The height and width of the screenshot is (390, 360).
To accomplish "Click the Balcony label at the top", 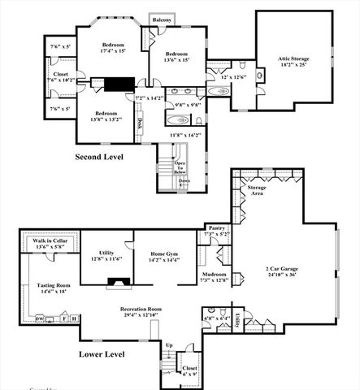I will pyautogui.click(x=162, y=19).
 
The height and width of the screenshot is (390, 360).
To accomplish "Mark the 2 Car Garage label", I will pyautogui.click(x=290, y=271).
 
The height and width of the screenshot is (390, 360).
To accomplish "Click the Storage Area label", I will pyautogui.click(x=257, y=191).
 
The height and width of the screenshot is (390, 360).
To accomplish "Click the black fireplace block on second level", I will pyautogui.click(x=113, y=86).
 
